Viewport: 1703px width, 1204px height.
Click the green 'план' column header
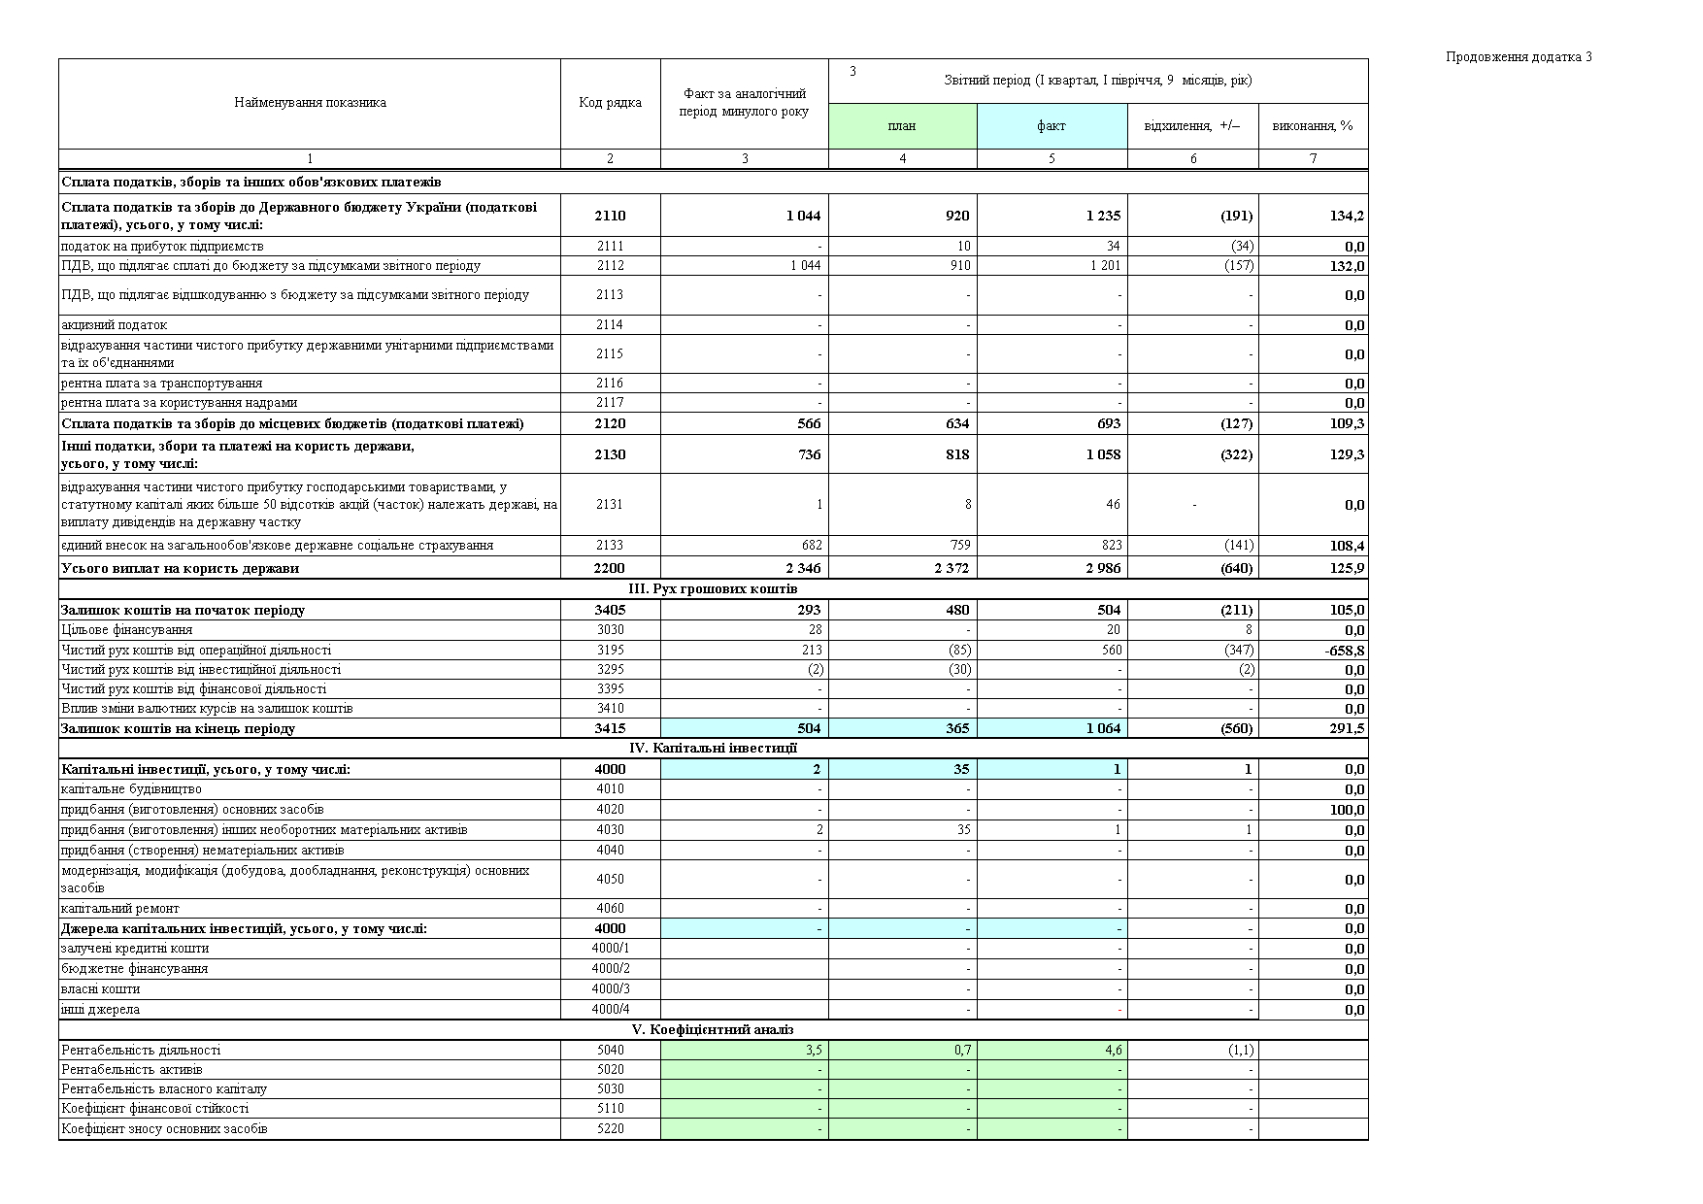click(902, 125)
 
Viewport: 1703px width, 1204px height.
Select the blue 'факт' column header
click(1052, 125)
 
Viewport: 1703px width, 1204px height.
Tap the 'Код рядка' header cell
click(610, 103)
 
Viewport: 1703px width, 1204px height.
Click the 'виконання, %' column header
click(1313, 125)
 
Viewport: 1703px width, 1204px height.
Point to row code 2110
click(610, 216)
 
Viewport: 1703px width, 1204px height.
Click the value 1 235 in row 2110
click(1103, 216)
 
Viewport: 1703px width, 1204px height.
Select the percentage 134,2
click(1347, 216)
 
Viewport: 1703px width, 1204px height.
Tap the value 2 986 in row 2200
click(1103, 568)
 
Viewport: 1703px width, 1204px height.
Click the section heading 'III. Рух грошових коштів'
click(714, 589)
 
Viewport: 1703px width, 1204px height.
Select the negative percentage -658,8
click(1345, 651)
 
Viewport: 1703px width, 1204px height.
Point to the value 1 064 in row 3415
click(1103, 728)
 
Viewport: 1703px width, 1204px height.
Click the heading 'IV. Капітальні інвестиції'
click(714, 748)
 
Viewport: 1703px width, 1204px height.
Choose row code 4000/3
click(610, 988)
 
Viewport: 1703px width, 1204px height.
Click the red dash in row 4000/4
click(1119, 1010)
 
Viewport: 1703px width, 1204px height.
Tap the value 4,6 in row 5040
click(1114, 1050)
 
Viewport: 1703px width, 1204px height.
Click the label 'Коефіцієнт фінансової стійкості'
click(154, 1108)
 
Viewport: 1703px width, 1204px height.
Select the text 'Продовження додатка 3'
click(1519, 56)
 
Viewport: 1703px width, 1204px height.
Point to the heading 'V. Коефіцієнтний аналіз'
click(714, 1029)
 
